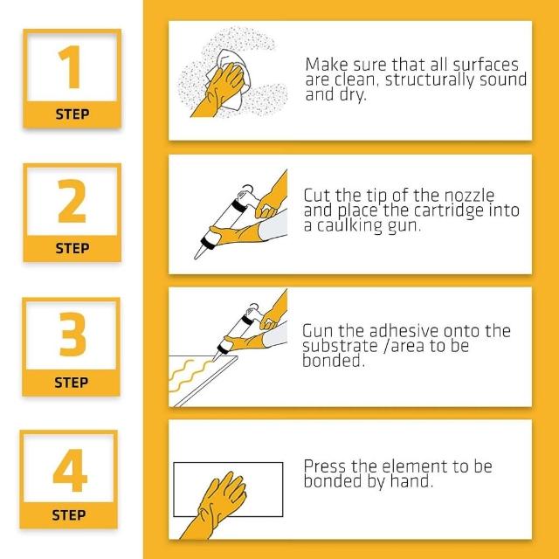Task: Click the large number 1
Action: point(69,67)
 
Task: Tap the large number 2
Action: point(72,201)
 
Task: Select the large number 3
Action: point(72,335)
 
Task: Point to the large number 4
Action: point(70,470)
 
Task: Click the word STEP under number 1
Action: point(72,114)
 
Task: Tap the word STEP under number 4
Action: point(69,515)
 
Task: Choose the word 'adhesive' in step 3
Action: point(404,331)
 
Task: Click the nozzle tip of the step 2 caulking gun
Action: point(196,256)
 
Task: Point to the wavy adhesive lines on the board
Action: point(190,375)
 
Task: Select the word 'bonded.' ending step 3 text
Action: point(334,361)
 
